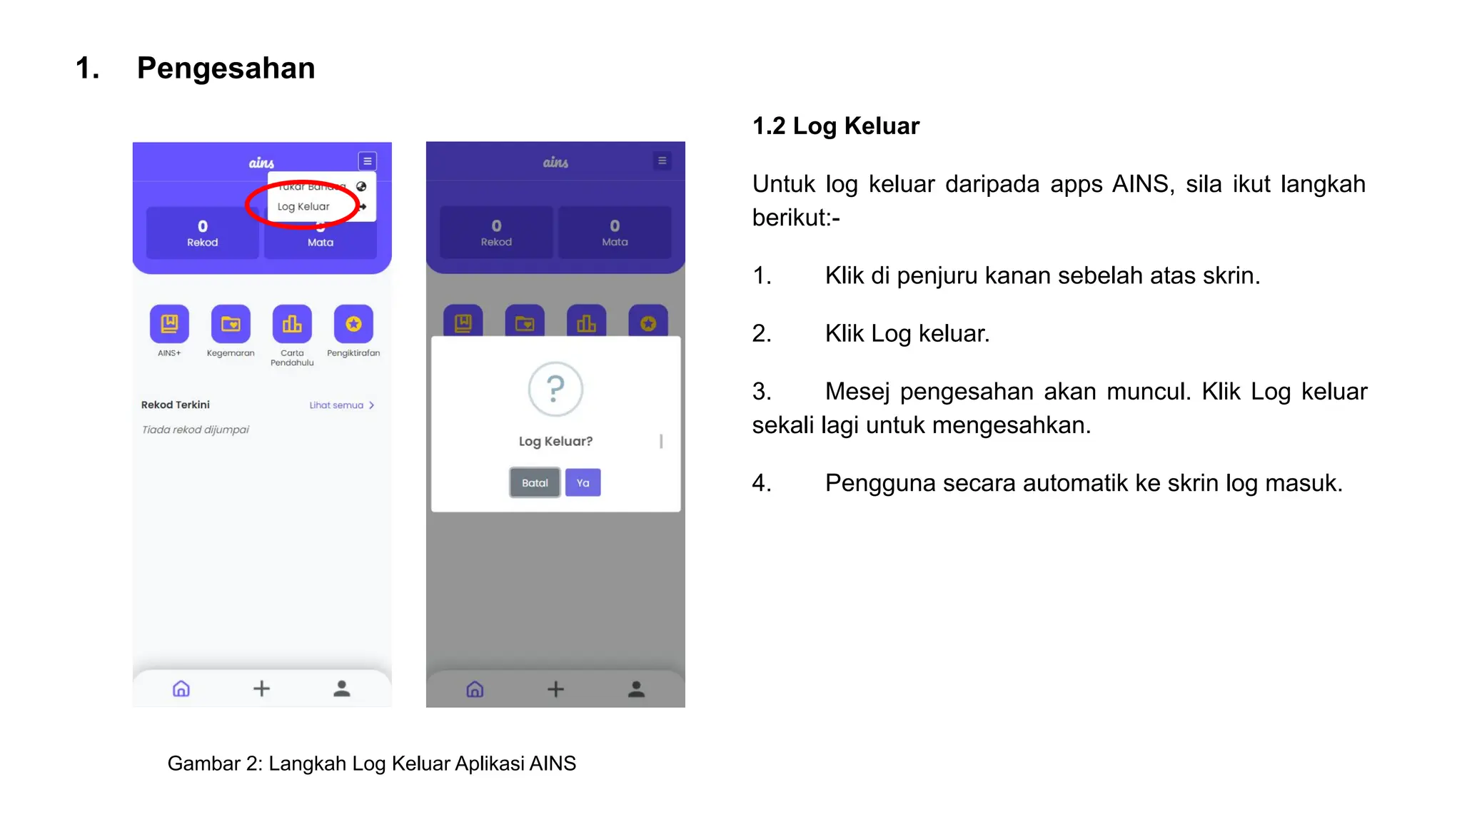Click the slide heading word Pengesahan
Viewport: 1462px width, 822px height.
226,68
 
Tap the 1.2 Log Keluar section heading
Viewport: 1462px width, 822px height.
835,126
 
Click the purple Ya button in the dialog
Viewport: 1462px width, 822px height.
583,483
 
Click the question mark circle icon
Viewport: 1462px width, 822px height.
555,389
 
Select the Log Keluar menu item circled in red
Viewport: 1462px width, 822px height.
303,207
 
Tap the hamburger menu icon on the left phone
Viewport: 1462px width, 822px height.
367,161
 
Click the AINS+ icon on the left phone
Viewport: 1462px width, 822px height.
169,324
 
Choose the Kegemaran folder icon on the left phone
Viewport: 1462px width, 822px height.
231,324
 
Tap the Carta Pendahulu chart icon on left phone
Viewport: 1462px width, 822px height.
292,324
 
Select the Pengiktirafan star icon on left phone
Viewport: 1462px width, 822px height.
353,324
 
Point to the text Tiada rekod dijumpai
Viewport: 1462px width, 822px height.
195,430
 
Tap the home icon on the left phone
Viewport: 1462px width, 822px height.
181,689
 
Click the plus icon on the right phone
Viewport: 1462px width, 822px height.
555,689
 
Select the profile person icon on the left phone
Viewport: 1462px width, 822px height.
342,689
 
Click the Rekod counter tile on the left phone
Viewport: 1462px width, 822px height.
203,233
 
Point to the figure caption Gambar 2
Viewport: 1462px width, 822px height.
371,763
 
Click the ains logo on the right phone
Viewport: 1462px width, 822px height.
555,163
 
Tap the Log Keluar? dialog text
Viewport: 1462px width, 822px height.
555,442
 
